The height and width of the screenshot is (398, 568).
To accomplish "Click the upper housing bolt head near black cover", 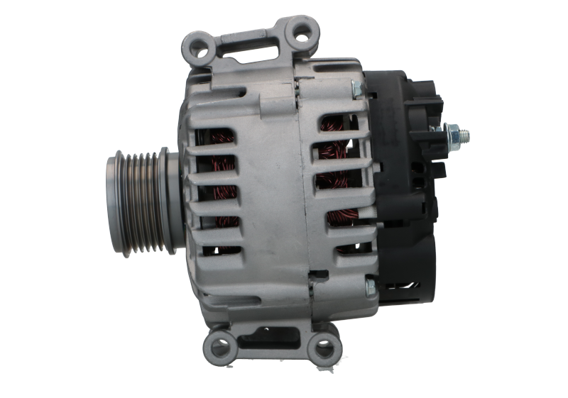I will click(358, 90).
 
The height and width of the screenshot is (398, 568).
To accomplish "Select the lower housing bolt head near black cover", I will click(369, 288).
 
